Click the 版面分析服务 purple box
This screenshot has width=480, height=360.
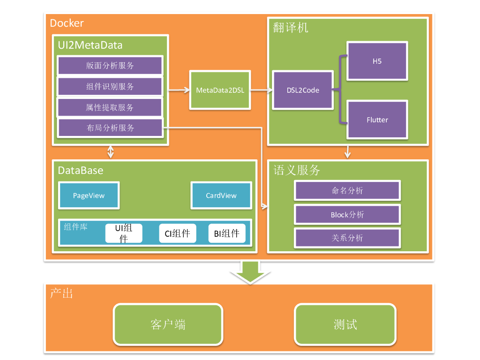(x=110, y=66)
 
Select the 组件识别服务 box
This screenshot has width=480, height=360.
(x=110, y=87)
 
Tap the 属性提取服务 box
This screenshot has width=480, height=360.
(x=110, y=107)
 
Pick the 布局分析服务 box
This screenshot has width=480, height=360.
(x=110, y=128)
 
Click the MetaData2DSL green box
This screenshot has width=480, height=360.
(x=220, y=90)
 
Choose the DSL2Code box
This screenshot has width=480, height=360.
(x=303, y=90)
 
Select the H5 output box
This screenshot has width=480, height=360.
(x=377, y=61)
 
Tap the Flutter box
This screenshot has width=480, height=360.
(x=377, y=120)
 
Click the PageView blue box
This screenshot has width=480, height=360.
(x=89, y=195)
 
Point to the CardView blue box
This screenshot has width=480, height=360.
(x=221, y=195)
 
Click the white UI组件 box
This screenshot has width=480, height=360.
(x=124, y=233)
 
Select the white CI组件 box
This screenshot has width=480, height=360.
(x=177, y=233)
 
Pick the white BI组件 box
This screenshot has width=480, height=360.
(x=227, y=233)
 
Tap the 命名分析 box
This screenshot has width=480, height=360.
(x=347, y=191)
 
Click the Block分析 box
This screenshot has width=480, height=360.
(x=347, y=215)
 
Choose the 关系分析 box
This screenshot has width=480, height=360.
(x=347, y=238)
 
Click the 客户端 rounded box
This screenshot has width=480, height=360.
(x=168, y=324)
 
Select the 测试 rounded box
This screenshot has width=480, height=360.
(x=345, y=324)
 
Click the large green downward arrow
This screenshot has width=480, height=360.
(x=250, y=272)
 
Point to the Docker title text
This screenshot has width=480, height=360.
(x=67, y=23)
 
